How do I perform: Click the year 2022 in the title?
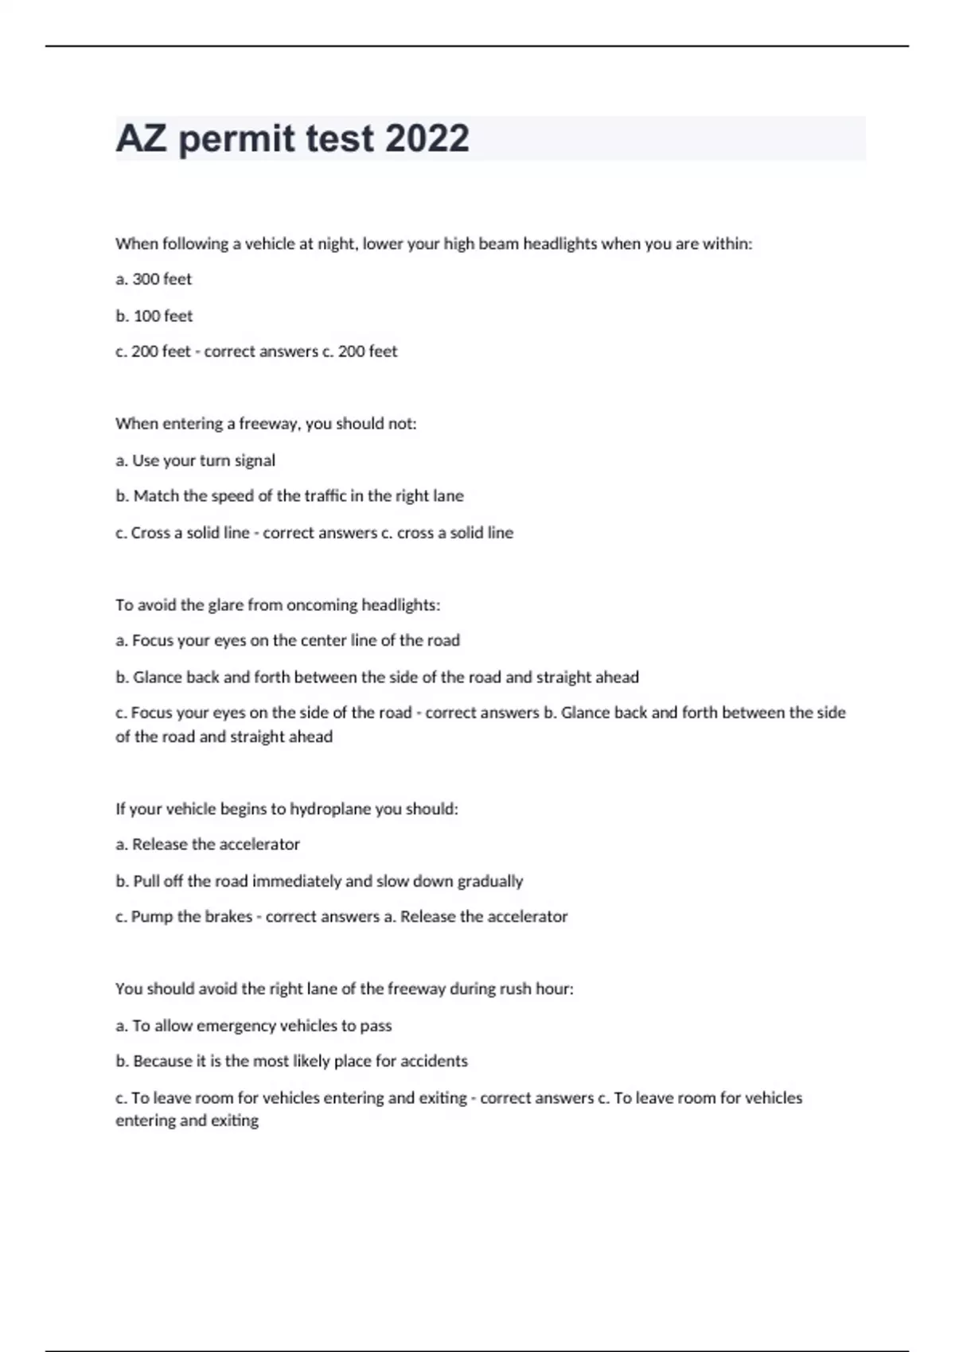[x=427, y=138]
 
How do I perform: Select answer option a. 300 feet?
[x=154, y=279]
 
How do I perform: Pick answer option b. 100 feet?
[x=154, y=316]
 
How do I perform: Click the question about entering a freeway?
[x=266, y=424]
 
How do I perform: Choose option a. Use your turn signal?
[x=195, y=460]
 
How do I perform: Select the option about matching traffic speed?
[x=289, y=496]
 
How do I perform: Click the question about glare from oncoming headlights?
[x=277, y=605]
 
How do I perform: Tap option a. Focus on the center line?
[x=287, y=640]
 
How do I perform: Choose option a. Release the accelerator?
[x=208, y=845]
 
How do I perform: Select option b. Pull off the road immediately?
[x=319, y=881]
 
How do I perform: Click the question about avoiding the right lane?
[x=344, y=989]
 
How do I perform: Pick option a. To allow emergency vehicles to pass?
[x=253, y=1026]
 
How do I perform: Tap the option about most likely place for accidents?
[x=291, y=1061]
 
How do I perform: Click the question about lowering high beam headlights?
[x=433, y=244]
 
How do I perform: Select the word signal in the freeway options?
[x=255, y=460]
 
